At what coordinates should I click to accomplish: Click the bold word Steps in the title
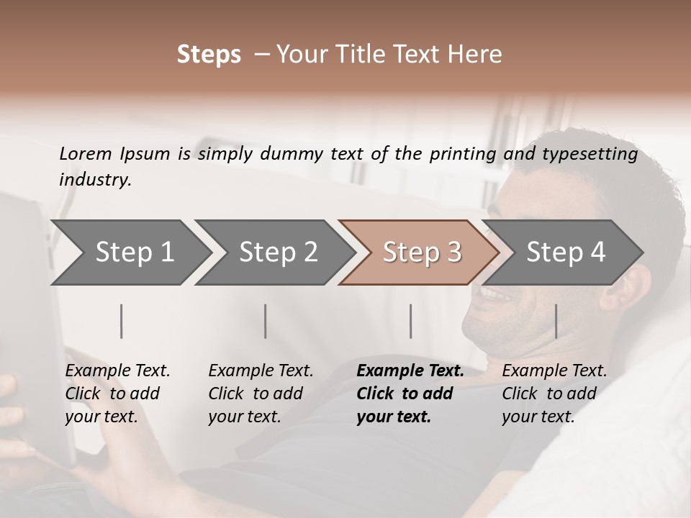click(209, 54)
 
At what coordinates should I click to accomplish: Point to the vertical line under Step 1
click(122, 321)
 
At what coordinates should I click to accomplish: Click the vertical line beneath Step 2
click(266, 321)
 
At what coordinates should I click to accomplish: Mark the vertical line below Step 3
click(410, 321)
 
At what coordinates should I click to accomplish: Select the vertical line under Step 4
click(556, 321)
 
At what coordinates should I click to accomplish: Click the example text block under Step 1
click(117, 394)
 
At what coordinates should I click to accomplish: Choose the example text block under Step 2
click(261, 394)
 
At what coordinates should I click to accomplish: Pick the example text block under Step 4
click(554, 394)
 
